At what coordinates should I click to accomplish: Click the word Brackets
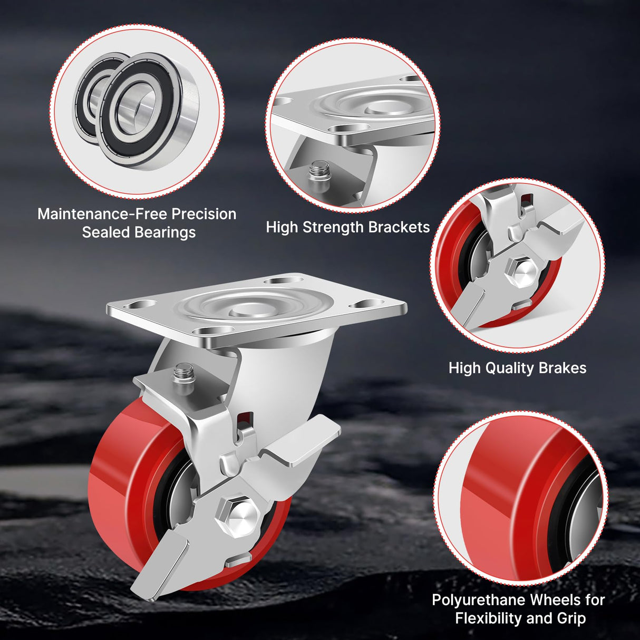click(x=399, y=227)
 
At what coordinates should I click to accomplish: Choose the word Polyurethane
click(x=478, y=600)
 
